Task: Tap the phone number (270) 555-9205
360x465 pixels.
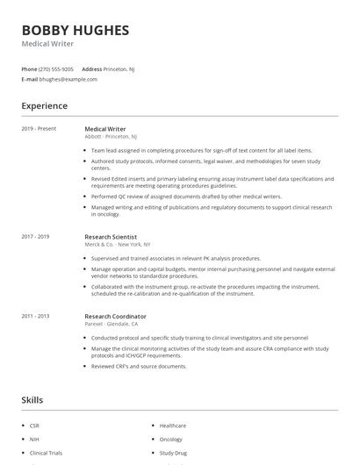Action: point(56,68)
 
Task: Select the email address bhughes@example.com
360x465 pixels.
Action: point(68,79)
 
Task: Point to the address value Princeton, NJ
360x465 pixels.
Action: point(119,68)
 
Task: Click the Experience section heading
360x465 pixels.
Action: point(44,106)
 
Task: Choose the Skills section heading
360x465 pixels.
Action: point(32,399)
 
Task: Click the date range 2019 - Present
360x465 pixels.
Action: point(39,129)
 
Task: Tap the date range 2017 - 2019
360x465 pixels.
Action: point(35,236)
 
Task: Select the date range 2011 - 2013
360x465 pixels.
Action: point(35,316)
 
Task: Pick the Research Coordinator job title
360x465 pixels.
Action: point(115,316)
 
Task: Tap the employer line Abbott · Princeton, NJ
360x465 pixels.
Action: point(111,137)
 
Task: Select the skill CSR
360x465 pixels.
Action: point(34,426)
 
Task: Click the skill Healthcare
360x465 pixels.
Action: point(173,426)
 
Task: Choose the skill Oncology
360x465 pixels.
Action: point(171,440)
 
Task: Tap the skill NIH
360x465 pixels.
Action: point(33,440)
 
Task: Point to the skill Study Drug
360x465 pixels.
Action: point(173,454)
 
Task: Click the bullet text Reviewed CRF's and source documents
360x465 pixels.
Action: point(139,366)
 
